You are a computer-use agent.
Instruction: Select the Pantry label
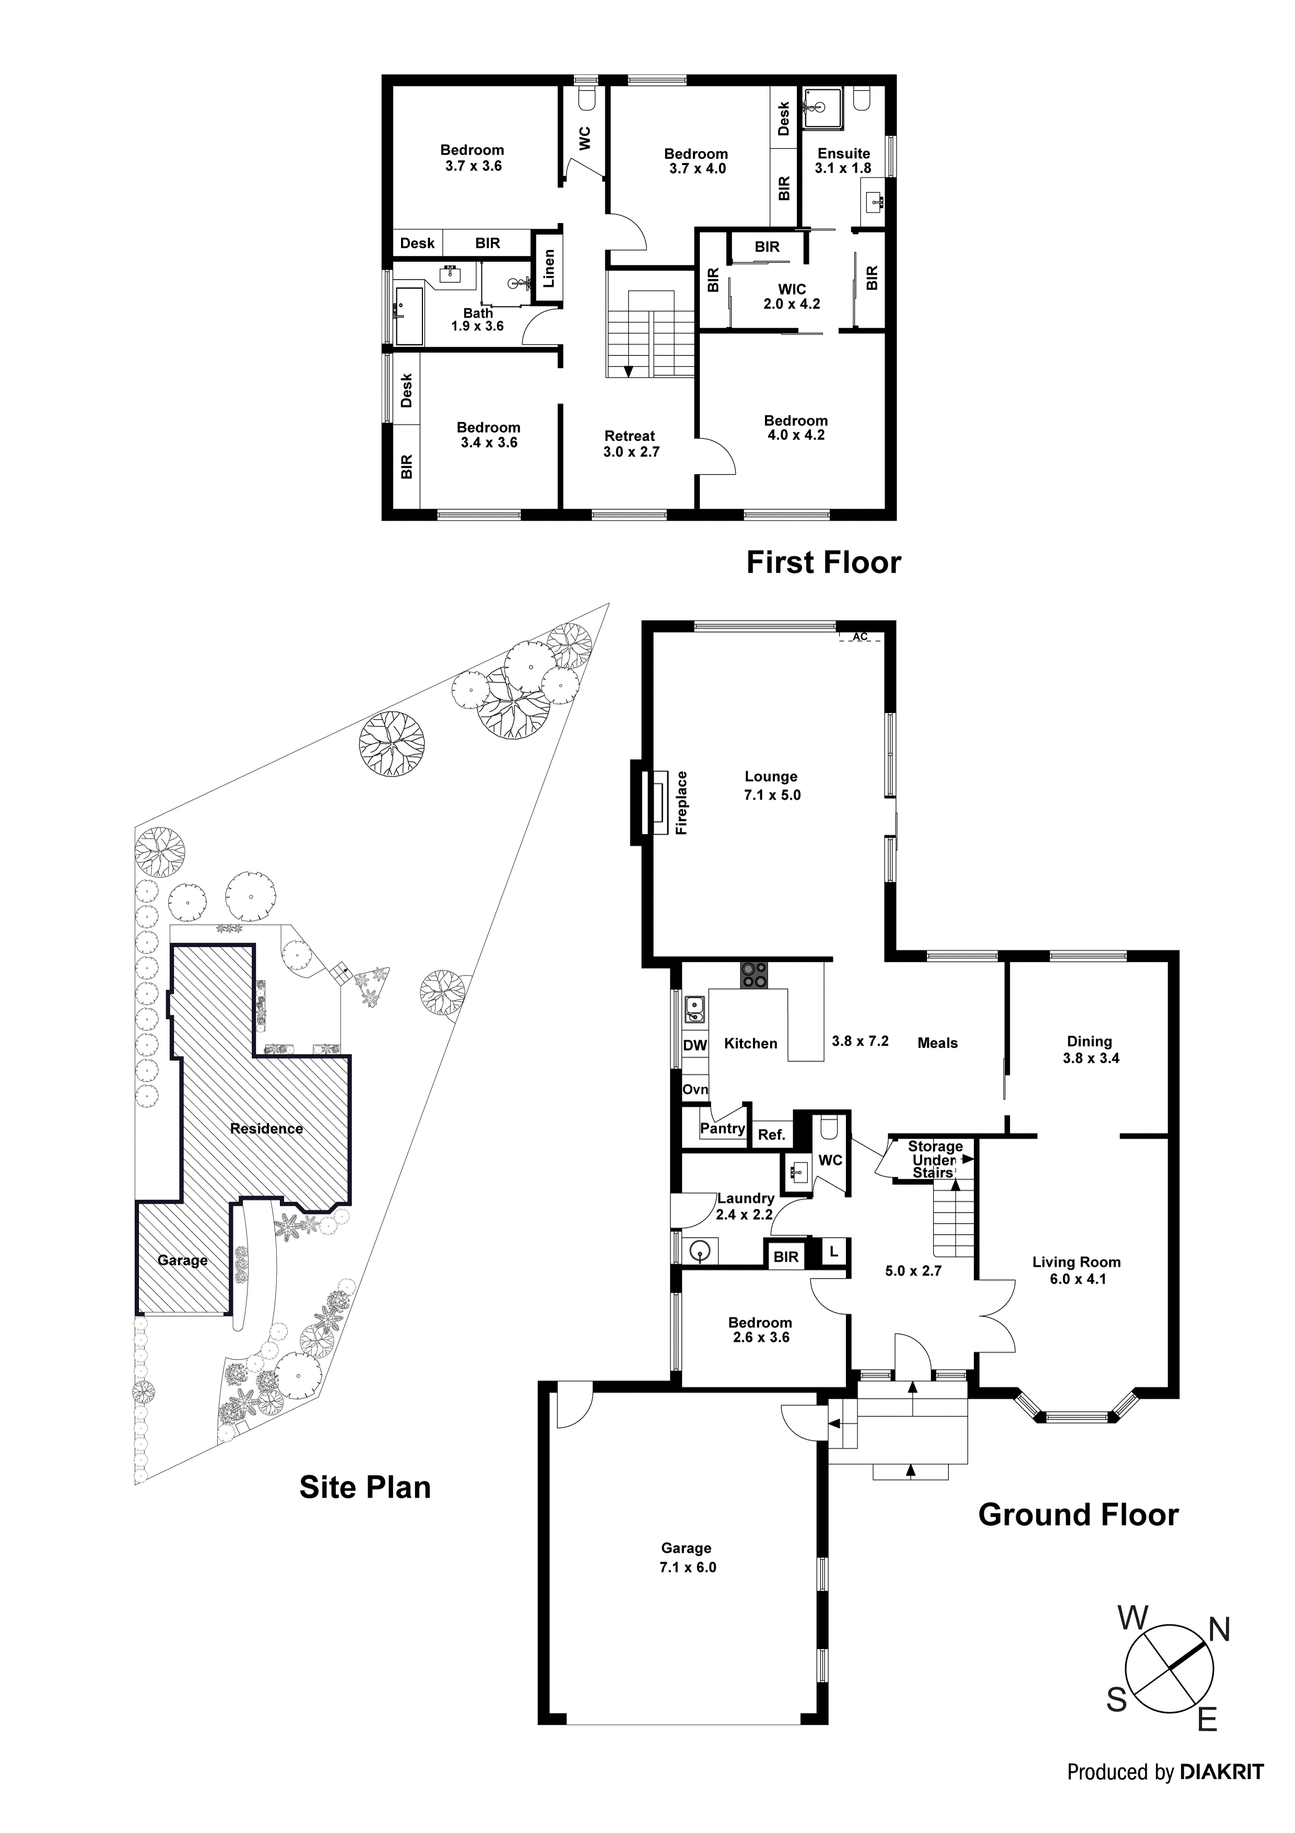click(722, 1128)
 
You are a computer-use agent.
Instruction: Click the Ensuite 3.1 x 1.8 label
click(843, 160)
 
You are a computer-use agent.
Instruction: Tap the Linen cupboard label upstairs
click(548, 268)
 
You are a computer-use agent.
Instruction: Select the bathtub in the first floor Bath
click(409, 317)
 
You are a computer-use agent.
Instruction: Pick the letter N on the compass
click(1220, 1629)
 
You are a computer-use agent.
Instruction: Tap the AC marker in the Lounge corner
click(860, 637)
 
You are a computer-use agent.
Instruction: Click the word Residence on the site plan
click(266, 1128)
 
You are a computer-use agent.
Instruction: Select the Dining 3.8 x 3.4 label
click(1090, 1050)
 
